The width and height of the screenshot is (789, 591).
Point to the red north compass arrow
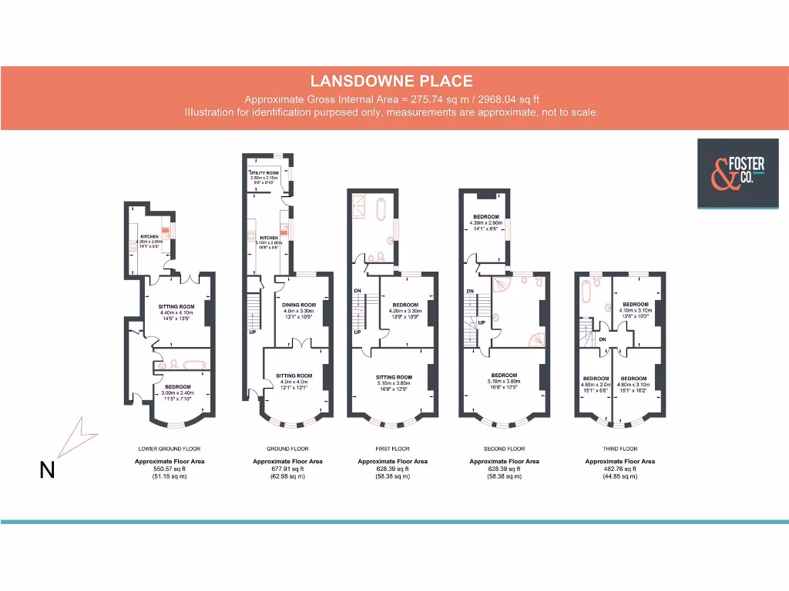(x=79, y=438)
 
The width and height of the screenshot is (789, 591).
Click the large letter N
(x=47, y=470)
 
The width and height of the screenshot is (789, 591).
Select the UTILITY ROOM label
(x=264, y=172)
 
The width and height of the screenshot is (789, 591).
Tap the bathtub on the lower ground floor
(x=183, y=364)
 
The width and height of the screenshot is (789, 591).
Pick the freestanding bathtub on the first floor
(x=381, y=210)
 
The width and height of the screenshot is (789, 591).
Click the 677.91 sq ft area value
(x=287, y=469)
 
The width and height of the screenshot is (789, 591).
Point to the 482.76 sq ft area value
(x=619, y=469)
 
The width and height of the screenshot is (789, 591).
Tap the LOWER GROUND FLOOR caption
(x=170, y=449)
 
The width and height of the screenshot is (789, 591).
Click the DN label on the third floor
(x=602, y=339)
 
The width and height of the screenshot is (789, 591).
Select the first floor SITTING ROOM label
(x=394, y=378)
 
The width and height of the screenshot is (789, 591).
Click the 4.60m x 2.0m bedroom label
(x=595, y=379)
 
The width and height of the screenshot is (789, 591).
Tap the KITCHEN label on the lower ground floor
(x=149, y=237)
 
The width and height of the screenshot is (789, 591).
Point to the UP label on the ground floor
(x=252, y=333)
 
